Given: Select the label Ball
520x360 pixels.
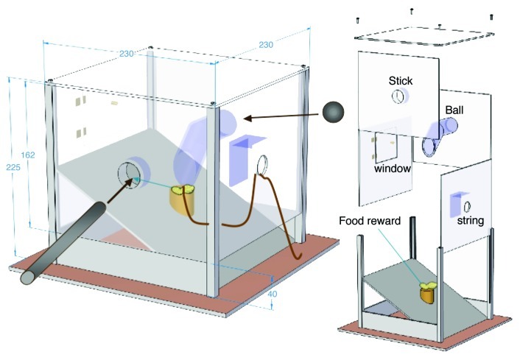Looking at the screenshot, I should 454,110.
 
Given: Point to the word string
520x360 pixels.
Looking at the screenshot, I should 470,220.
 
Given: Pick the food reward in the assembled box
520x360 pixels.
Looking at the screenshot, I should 184,197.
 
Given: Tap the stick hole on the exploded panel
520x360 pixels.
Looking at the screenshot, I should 398,96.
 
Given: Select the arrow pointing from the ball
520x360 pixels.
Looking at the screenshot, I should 280,115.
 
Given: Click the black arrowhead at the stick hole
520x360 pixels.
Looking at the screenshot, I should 127,180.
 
